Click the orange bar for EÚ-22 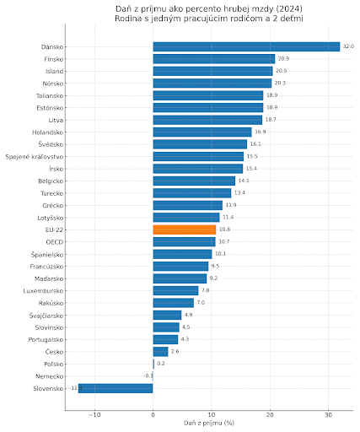pos(185,229)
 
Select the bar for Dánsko pos(246,47)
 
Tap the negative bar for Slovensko pos(116,388)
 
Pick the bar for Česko pos(160,352)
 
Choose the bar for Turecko pos(192,193)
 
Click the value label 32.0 pos(348,46)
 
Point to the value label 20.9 pos(283,59)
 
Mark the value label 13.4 pos(239,193)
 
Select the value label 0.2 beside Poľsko pos(161,364)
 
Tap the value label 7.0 pos(201,303)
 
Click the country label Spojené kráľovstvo pos(35,157)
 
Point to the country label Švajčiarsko pos(46,316)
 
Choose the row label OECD pos(55,242)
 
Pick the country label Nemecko pos(50,376)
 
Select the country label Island pos(55,72)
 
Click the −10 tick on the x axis pos(94,415)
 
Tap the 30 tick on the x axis pos(328,415)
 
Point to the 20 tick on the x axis pos(270,415)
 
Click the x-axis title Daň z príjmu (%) pos(209,423)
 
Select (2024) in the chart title pos(289,9)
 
